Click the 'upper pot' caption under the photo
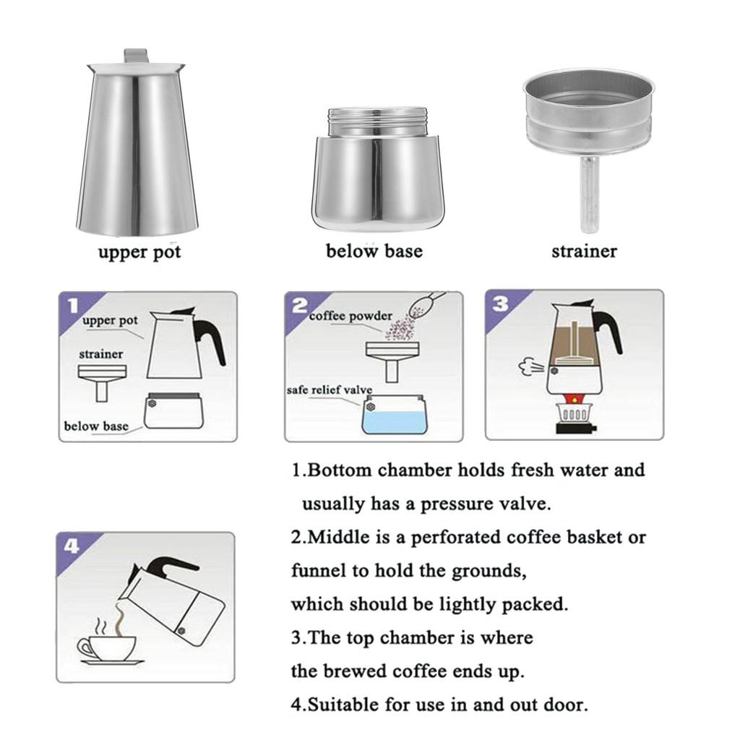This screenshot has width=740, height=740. click(x=139, y=252)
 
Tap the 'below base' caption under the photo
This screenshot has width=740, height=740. click(x=374, y=251)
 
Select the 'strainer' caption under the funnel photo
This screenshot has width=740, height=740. click(x=584, y=251)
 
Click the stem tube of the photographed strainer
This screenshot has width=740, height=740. click(x=590, y=195)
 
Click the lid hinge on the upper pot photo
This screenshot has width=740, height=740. click(x=137, y=56)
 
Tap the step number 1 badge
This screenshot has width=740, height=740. click(x=71, y=304)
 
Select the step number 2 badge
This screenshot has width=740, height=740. click(x=298, y=304)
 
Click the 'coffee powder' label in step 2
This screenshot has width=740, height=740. click(x=351, y=316)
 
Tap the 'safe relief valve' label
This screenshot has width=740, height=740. click(x=330, y=390)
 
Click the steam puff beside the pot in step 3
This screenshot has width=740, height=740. click(x=530, y=367)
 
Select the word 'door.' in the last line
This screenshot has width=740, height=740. click(x=564, y=705)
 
